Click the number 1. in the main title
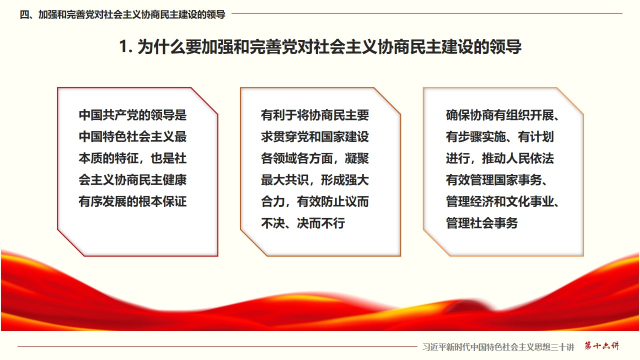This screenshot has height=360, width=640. pos(126,46)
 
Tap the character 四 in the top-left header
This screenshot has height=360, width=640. pos(24,14)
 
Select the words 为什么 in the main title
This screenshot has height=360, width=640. pos(161,47)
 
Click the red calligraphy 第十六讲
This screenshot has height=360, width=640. pos(601,345)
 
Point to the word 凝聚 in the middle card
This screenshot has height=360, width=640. pos(357,158)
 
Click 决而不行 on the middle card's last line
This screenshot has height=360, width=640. pos(321,223)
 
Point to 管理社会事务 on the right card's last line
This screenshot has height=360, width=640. pos(482,223)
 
